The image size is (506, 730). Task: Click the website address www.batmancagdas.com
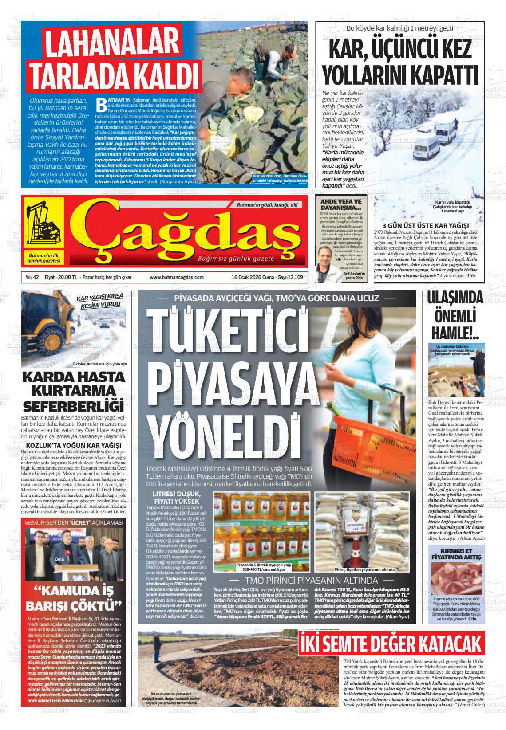(x=176, y=277)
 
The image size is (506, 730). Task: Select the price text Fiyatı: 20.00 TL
(x=61, y=277)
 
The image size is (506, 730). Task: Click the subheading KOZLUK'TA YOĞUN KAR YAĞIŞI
(x=74, y=445)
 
